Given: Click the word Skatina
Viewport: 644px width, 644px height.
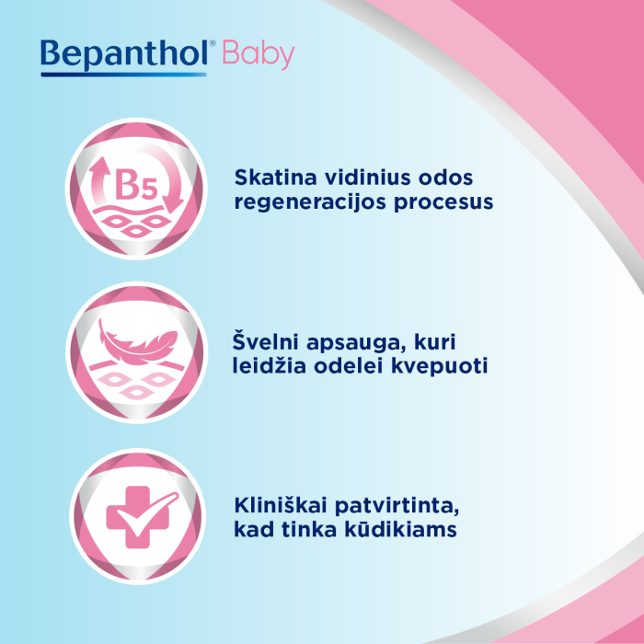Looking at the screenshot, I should coord(268,177).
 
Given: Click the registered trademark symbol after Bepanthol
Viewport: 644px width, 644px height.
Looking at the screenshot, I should coord(213,44).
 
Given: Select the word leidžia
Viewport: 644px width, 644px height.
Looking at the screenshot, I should coord(266,366).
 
